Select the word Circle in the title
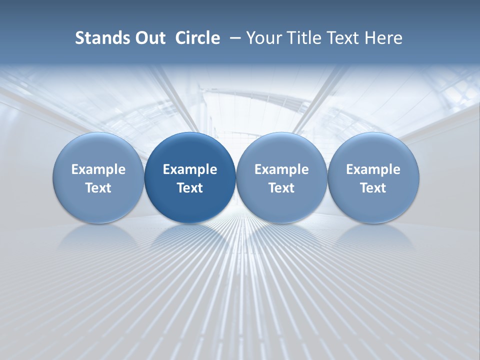197,38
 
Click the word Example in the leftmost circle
98,169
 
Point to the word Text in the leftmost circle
98,188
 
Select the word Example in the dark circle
190,169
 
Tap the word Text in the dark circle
190,188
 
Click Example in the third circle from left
281,169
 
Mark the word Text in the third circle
281,188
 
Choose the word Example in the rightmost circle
373,169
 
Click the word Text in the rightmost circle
373,188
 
